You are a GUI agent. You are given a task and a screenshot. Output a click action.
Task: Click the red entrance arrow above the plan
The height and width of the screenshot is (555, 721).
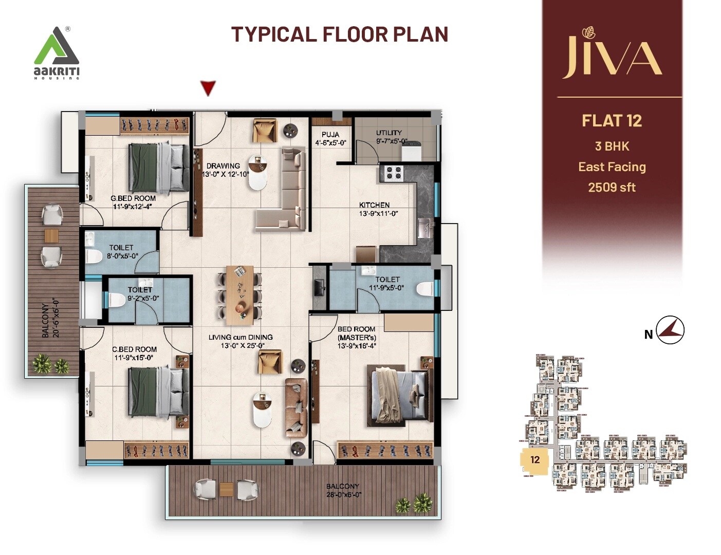click(x=208, y=88)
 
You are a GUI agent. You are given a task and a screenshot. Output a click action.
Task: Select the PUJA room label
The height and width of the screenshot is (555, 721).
click(x=330, y=135)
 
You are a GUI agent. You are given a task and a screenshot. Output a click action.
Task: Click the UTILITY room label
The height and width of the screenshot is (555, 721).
click(x=389, y=133)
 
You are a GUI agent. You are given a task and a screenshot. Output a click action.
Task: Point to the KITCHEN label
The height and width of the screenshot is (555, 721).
click(x=374, y=205)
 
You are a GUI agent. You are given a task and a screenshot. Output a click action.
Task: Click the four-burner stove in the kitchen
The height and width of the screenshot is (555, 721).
click(x=394, y=173)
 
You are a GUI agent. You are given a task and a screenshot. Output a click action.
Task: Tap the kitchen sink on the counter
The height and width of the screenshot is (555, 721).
click(x=424, y=228)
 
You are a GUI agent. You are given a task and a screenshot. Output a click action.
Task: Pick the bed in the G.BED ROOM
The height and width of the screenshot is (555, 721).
click(x=158, y=167)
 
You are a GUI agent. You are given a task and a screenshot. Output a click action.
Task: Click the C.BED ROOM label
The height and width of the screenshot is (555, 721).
click(x=134, y=349)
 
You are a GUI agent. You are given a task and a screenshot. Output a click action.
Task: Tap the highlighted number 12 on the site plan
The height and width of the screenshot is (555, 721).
click(x=535, y=459)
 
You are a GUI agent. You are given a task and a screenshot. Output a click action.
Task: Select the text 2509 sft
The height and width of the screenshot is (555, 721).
click(x=612, y=188)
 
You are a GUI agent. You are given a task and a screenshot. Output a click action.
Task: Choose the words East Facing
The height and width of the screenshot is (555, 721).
click(x=612, y=167)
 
